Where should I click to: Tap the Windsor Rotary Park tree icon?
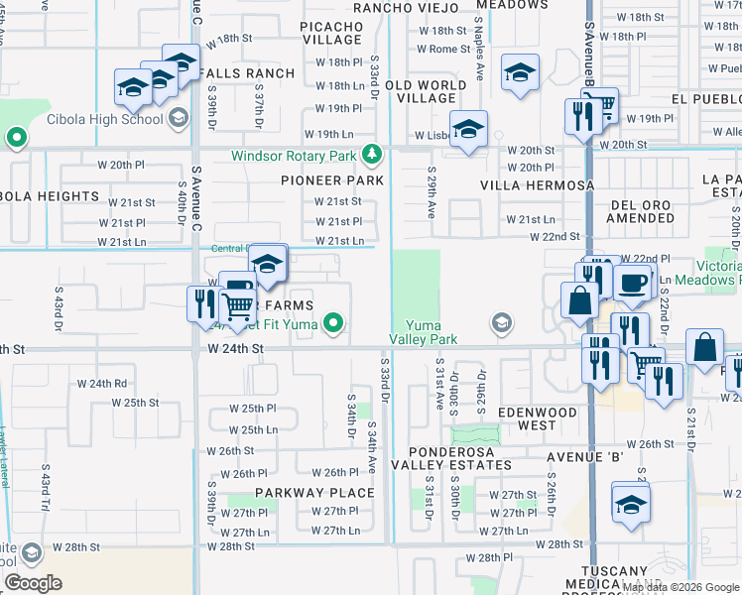pos(372,155)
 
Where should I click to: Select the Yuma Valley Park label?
pos(430,332)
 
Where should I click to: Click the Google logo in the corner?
pos(33,582)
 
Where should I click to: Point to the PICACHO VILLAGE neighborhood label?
pos(331,32)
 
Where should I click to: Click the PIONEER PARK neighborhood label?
pos(331,180)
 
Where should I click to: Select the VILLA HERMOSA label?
pos(537,185)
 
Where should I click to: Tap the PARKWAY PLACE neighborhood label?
pos(314,492)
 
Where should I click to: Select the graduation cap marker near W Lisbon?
pos(468,130)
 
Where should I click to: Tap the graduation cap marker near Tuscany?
pos(631,505)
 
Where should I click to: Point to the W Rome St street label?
pos(443,49)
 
